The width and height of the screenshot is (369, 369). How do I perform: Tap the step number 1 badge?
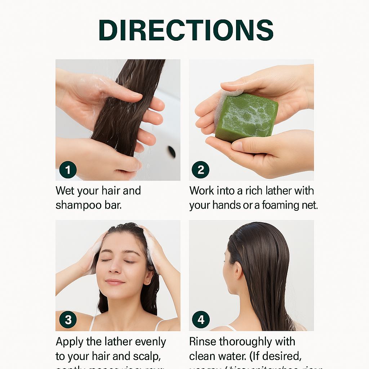(68, 169)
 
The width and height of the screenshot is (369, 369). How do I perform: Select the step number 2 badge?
(200, 169)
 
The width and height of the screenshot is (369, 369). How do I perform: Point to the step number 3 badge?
(68, 320)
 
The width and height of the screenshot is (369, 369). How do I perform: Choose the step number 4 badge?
(201, 320)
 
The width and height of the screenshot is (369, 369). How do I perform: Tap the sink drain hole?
(172, 152)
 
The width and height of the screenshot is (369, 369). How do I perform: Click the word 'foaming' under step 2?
(282, 205)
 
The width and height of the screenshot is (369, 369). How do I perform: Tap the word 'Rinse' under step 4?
(203, 341)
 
